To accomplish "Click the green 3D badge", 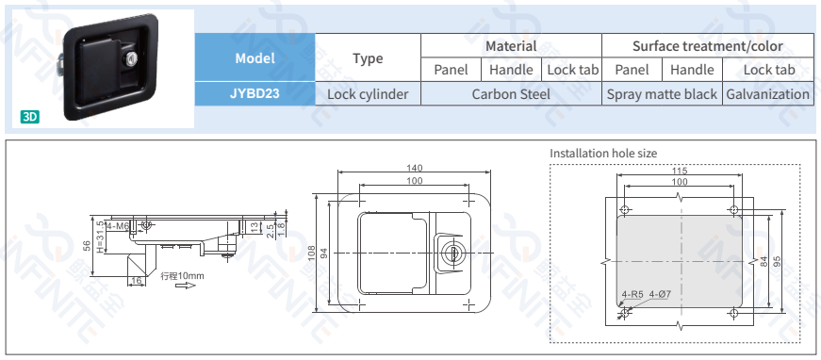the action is (30, 117).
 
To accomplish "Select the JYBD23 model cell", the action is (255, 93).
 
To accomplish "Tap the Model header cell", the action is (255, 57).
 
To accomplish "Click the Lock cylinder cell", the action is (368, 94).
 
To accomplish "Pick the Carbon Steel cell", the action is (511, 94).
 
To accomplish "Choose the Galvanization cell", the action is (767, 94).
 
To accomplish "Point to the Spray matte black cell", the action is (662, 94).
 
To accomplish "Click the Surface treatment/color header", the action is (707, 46).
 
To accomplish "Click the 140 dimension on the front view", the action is (414, 168).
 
